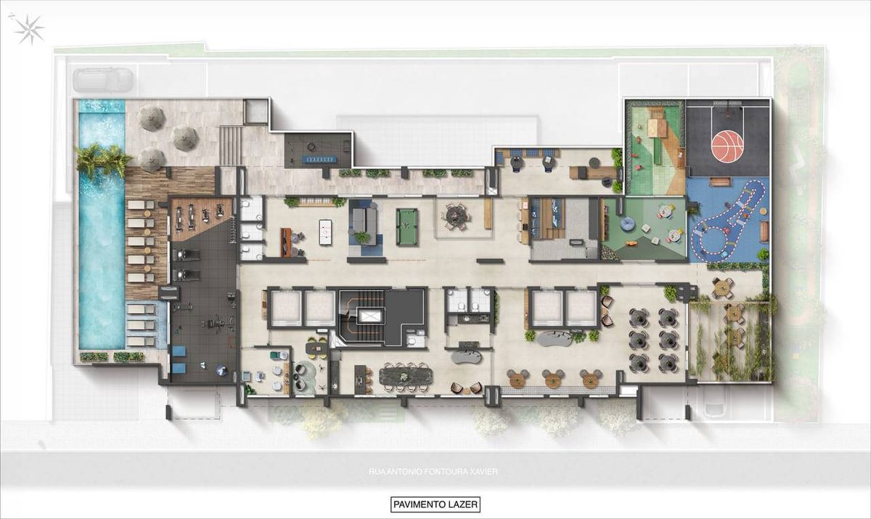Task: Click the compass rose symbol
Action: pyautogui.click(x=29, y=30)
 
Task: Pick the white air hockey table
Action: pyautogui.click(x=325, y=232)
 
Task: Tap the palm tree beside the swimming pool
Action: pyautogui.click(x=103, y=160)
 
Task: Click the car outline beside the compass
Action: pyautogui.click(x=102, y=80)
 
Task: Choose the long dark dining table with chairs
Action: pyautogui.click(x=406, y=375)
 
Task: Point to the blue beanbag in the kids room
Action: pyautogui.click(x=628, y=224)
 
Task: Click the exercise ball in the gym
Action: pyautogui.click(x=221, y=371)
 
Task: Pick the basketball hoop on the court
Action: pyautogui.click(x=727, y=115)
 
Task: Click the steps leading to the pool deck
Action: pyautogui.click(x=231, y=145)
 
